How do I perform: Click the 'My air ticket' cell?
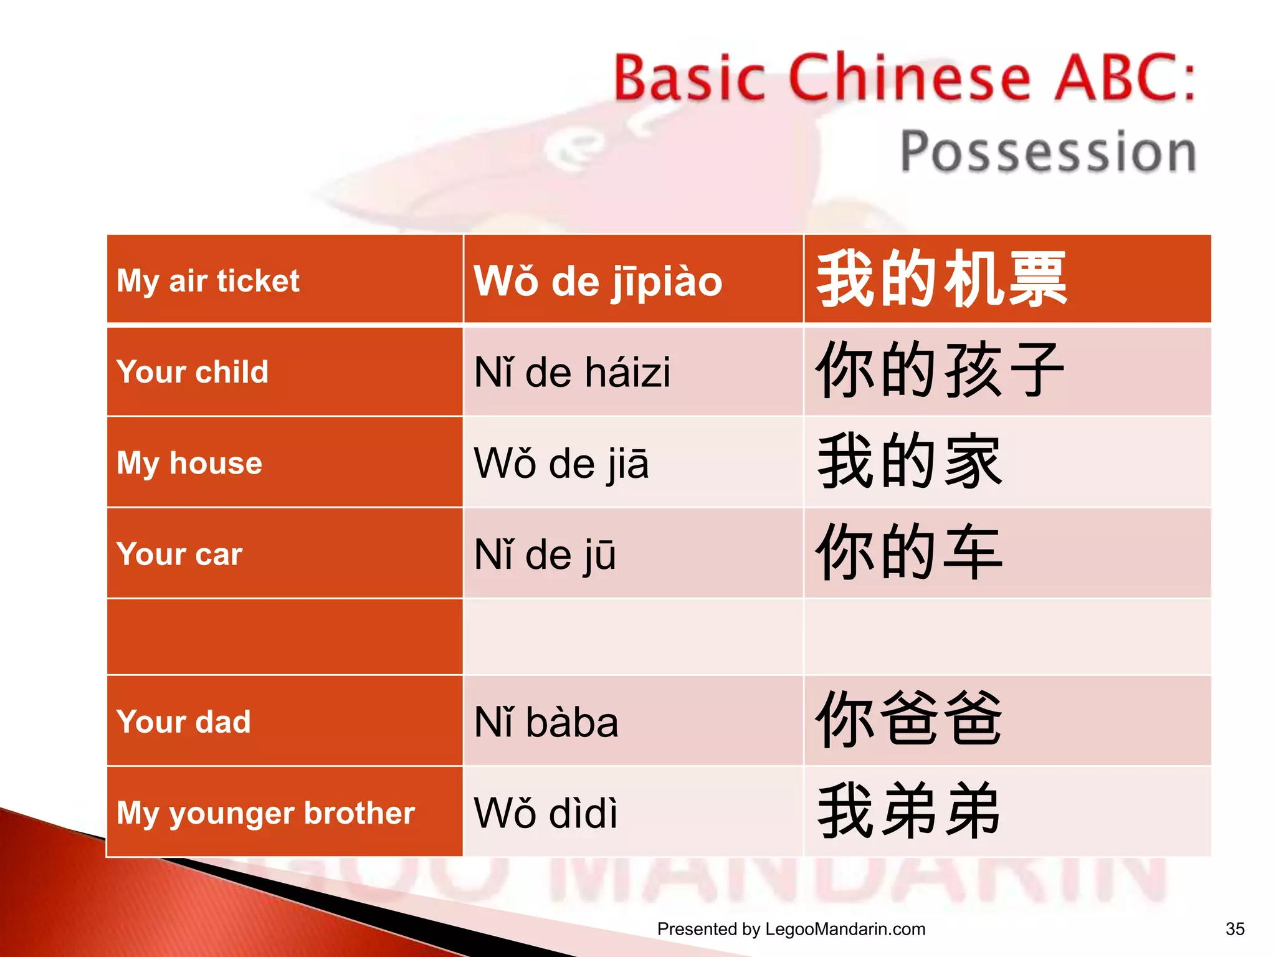point(208,281)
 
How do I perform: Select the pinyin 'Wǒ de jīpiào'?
point(598,282)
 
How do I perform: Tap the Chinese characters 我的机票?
point(941,279)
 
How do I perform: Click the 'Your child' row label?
point(193,372)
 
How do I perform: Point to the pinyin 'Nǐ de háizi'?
point(572,373)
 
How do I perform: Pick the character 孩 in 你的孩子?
point(973,371)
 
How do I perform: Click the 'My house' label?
point(189,463)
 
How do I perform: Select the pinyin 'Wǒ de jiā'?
point(561,464)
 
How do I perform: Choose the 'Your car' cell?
point(179,554)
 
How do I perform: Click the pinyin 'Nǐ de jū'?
point(545,555)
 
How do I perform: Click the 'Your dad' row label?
point(184,721)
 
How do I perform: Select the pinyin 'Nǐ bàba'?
point(546,722)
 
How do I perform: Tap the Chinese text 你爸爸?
point(908,720)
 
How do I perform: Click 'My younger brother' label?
point(265,812)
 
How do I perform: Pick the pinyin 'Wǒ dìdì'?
point(545,813)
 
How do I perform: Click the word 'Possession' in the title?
point(1048,151)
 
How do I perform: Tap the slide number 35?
point(1235,929)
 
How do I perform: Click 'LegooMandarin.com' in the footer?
point(845,929)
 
